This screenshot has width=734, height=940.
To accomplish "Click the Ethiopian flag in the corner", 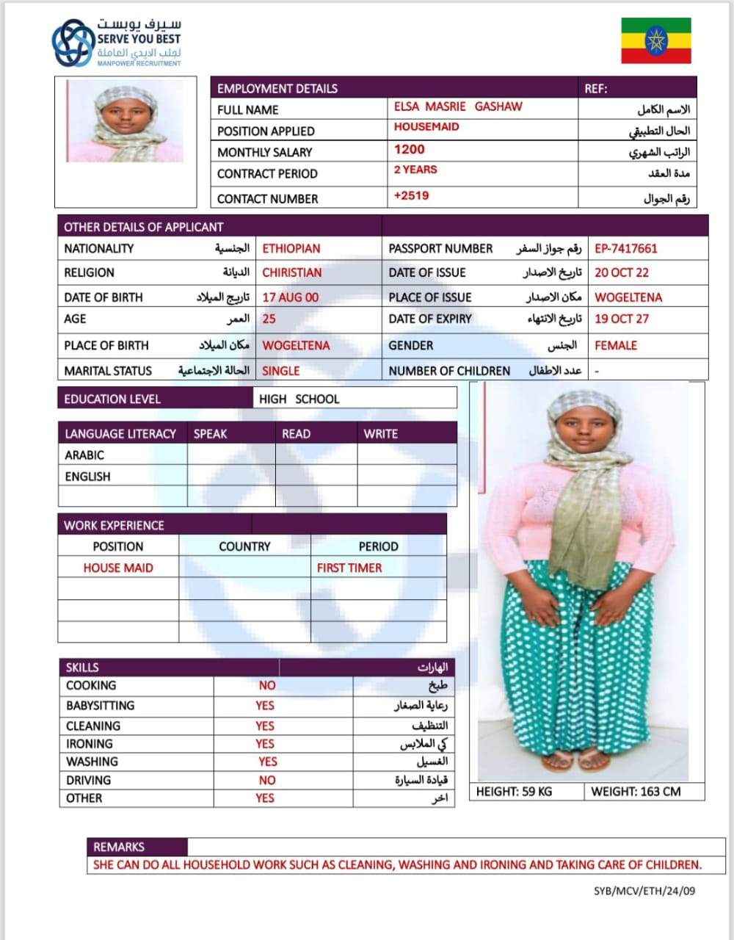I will [x=656, y=40].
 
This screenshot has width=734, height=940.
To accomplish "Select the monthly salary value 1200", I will [x=409, y=150].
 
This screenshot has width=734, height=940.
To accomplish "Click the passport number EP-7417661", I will [x=626, y=248].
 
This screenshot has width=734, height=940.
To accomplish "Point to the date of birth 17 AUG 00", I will [x=291, y=297].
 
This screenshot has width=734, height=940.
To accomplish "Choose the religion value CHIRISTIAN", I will [x=292, y=272].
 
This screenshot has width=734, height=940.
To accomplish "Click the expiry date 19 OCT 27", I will [x=622, y=319].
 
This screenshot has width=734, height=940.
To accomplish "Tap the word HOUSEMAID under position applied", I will [x=426, y=127].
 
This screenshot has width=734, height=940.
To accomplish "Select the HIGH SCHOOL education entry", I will [x=299, y=399].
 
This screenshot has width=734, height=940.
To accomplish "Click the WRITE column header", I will [x=380, y=434].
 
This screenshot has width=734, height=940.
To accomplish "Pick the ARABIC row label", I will [x=84, y=455].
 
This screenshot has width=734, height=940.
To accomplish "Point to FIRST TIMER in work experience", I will [x=349, y=568].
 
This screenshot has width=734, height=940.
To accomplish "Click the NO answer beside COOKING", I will [x=267, y=685].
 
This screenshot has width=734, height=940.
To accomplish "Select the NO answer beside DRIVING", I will [x=267, y=781].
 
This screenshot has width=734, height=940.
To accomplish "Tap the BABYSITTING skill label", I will [x=101, y=706].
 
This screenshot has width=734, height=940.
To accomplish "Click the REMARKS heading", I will [x=119, y=847].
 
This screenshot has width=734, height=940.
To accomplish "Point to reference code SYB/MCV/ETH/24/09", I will [x=644, y=891].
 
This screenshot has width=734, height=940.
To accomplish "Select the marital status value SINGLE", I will [x=281, y=371].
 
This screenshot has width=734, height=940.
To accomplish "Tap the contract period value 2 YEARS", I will [x=415, y=170].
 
